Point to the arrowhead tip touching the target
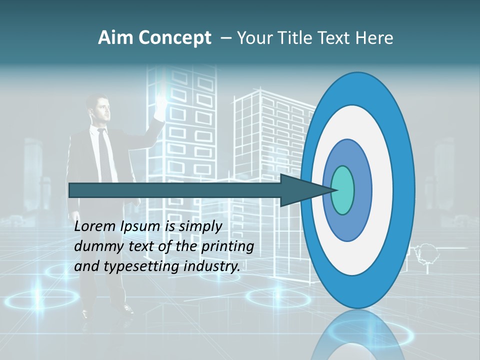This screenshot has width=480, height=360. pos(334,189)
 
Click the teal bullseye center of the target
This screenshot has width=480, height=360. pos(343,190)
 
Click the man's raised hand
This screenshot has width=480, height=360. pos(160,105)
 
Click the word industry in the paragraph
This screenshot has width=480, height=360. pos(211,266)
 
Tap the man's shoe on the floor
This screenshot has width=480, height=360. pos(86,313)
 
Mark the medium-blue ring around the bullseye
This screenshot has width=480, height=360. pos(362,190)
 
